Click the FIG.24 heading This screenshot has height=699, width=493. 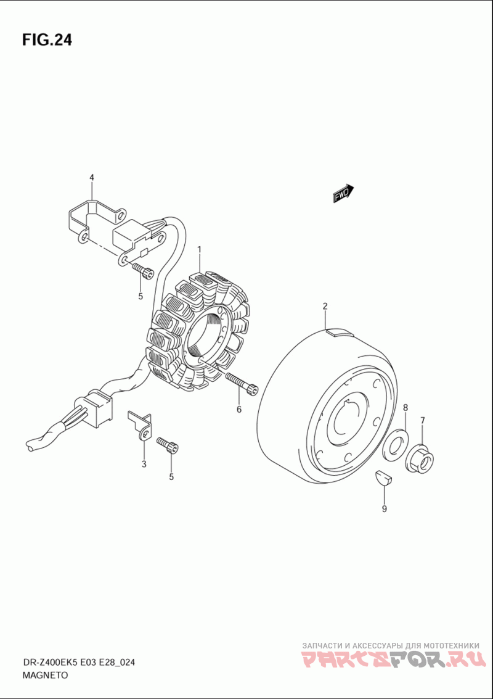(x=47, y=40)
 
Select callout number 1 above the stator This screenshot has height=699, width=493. (x=200, y=249)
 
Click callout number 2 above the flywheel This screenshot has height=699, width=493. (x=325, y=306)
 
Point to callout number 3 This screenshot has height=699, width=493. (x=144, y=464)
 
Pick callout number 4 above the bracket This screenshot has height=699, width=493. (x=92, y=178)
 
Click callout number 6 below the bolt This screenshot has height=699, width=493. (x=238, y=410)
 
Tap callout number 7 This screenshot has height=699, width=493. (x=423, y=421)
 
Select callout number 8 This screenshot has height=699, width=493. (x=405, y=407)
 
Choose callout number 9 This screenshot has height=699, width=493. (x=384, y=509)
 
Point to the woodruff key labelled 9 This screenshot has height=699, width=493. (x=381, y=477)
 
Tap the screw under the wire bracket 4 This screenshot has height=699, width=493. (x=142, y=269)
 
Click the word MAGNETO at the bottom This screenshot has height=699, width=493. (x=45, y=675)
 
